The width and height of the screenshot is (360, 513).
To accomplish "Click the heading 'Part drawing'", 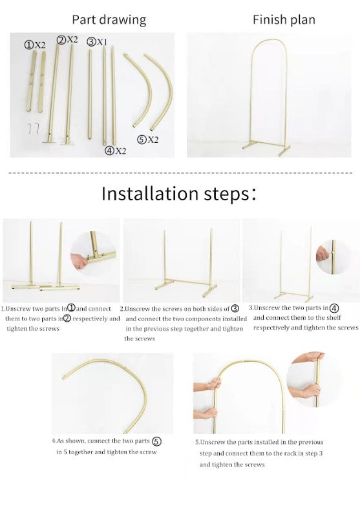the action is (x=109, y=20).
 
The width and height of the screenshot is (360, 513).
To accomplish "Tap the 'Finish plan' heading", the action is (x=284, y=19).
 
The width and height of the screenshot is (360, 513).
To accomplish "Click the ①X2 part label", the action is (x=35, y=45).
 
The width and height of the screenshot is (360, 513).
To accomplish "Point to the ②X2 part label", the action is (x=67, y=39).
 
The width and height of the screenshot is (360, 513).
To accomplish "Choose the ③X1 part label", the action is (x=97, y=42).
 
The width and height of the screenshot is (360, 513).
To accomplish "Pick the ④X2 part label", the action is (x=115, y=151).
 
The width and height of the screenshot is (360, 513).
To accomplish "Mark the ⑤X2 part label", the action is (x=148, y=140).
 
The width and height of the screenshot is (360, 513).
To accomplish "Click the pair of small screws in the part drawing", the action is (x=34, y=128).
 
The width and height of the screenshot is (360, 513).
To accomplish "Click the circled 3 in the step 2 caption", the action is (x=235, y=309).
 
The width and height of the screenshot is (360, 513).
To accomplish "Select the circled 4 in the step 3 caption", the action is (x=334, y=308).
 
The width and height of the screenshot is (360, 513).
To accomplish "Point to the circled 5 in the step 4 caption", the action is (x=157, y=441).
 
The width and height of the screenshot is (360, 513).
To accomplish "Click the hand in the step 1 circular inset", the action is (x=79, y=262).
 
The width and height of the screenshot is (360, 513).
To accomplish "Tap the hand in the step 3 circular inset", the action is (x=322, y=253).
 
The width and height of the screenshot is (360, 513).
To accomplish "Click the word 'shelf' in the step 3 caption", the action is (x=333, y=318).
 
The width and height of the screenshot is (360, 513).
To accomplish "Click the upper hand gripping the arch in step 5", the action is (x=215, y=383).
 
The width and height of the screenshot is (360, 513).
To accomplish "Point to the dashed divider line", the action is (x=180, y=173).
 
